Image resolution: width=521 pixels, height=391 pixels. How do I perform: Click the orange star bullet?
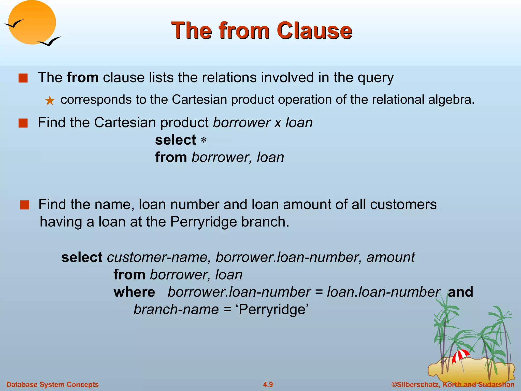click(50, 101)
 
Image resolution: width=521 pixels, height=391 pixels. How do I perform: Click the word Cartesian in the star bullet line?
click(199, 100)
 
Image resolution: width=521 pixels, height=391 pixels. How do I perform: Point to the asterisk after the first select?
click(204, 140)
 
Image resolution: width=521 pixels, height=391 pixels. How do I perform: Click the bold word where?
click(134, 292)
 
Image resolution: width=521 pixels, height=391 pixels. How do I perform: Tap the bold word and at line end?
click(460, 292)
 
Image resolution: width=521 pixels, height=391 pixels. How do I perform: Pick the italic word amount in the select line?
click(390, 257)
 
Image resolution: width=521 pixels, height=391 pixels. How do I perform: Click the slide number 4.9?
click(268, 384)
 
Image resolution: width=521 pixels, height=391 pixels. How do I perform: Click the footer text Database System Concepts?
click(52, 384)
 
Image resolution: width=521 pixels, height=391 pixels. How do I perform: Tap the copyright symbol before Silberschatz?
click(394, 384)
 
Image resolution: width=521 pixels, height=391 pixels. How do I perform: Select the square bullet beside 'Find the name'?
click(25, 205)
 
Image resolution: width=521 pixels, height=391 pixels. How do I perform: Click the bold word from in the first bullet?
click(82, 77)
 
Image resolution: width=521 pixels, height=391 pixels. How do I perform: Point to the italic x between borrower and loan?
click(278, 123)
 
